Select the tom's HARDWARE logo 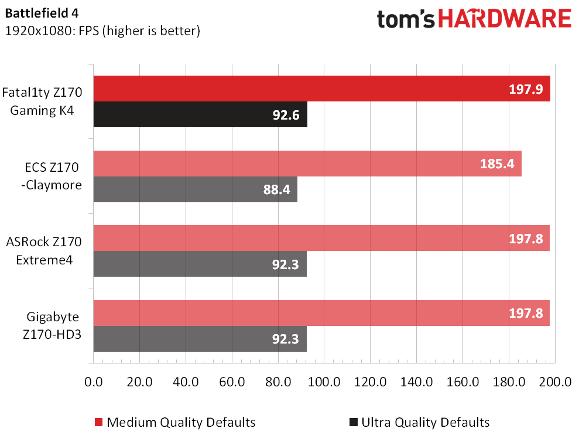(474, 19)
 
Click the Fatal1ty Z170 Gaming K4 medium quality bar (321, 89)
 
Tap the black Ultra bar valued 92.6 (200, 114)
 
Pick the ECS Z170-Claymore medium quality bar (307, 164)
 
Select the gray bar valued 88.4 (195, 189)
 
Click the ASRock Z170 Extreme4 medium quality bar (321, 239)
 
